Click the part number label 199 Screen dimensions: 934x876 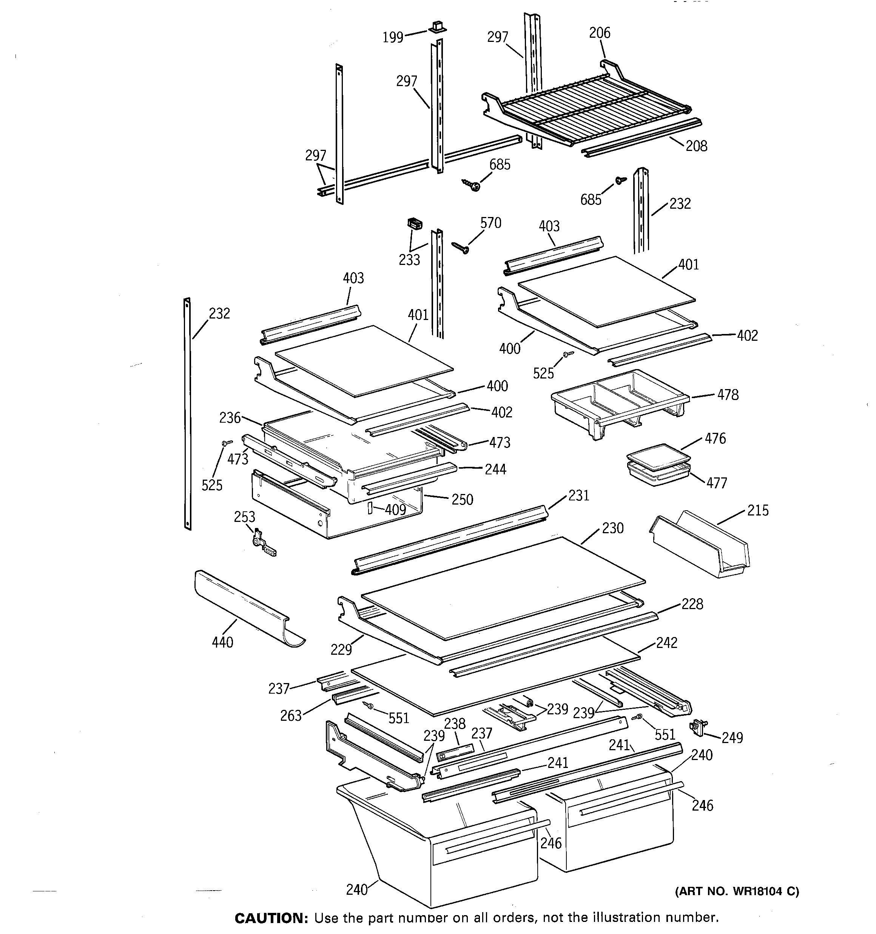pyautogui.click(x=393, y=37)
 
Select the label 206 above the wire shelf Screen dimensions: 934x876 pyautogui.click(x=600, y=33)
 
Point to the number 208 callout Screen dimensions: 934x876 pyautogui.click(x=696, y=146)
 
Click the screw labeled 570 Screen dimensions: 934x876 pyautogui.click(x=460, y=248)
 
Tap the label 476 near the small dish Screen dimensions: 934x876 pyautogui.click(x=715, y=439)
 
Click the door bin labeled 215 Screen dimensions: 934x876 pyautogui.click(x=701, y=545)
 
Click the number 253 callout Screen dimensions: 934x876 pyautogui.click(x=245, y=517)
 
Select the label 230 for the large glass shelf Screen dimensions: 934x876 pyautogui.click(x=613, y=528)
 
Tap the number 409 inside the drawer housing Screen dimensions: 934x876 pyautogui.click(x=395, y=510)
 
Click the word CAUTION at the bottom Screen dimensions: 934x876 pyautogui.click(x=270, y=919)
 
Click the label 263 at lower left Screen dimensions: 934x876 pyautogui.click(x=291, y=716)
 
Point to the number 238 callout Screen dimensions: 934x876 pyautogui.click(x=455, y=723)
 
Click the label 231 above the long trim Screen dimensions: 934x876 pyautogui.click(x=579, y=495)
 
